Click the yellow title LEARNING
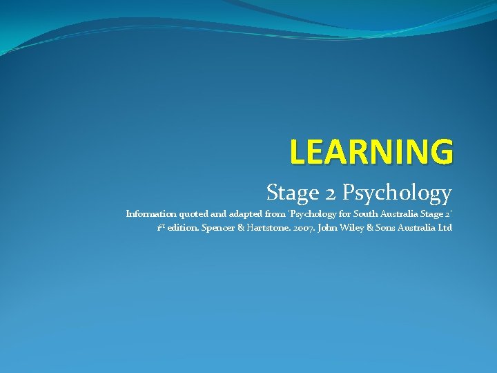pos(371,151)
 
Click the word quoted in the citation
pos(194,214)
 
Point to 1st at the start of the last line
pos(160,227)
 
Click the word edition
pos(183,227)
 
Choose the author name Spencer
pos(219,228)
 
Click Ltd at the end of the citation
pos(445,227)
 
